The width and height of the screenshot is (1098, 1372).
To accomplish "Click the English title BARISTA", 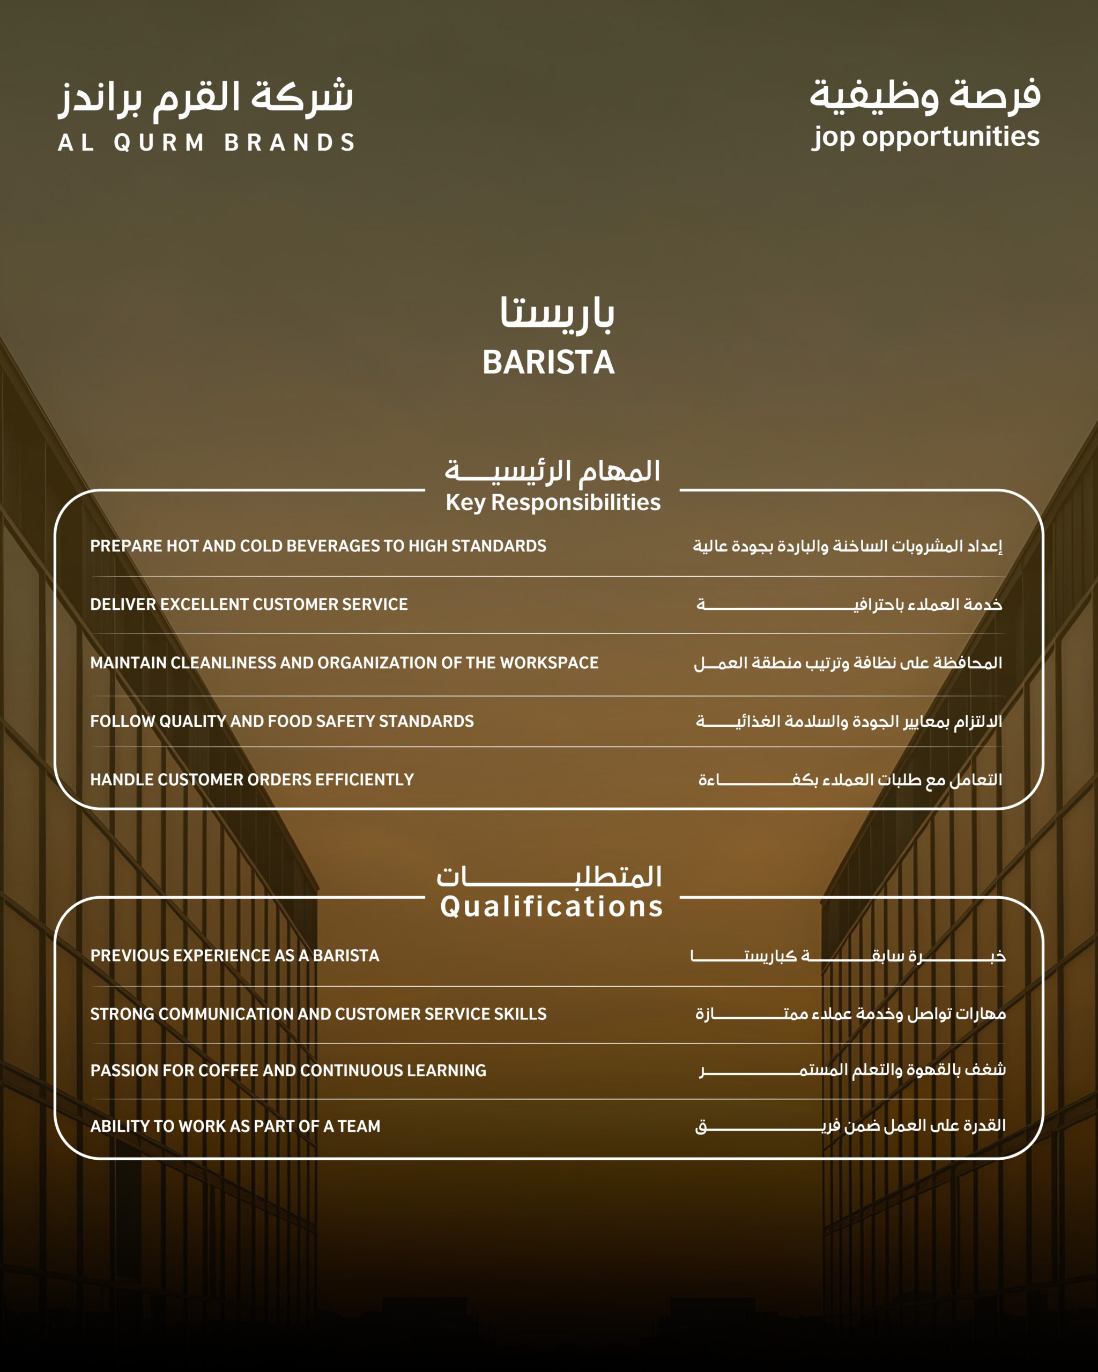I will [548, 363].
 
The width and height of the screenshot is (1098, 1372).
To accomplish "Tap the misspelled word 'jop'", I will [833, 137].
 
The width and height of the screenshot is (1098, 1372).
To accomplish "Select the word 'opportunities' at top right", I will [951, 136].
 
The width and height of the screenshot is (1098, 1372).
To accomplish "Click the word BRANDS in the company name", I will [290, 143].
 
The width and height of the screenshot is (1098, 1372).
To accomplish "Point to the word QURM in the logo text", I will [159, 143].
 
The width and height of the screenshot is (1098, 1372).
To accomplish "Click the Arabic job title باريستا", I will [557, 313].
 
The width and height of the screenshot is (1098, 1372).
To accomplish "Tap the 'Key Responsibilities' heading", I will [553, 502].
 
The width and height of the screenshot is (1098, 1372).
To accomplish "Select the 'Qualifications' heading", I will [551, 906].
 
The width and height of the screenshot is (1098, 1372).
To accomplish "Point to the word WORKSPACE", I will [550, 663].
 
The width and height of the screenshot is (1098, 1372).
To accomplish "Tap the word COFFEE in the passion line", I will [228, 1070].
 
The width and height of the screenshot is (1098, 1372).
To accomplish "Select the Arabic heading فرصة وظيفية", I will [925, 95].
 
